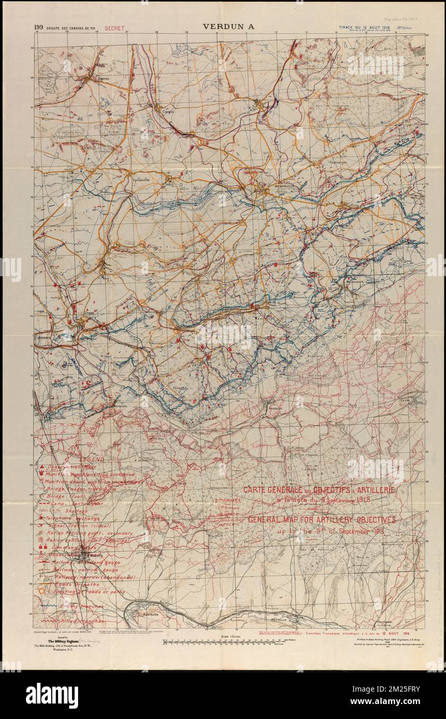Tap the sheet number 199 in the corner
(x=38, y=27)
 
